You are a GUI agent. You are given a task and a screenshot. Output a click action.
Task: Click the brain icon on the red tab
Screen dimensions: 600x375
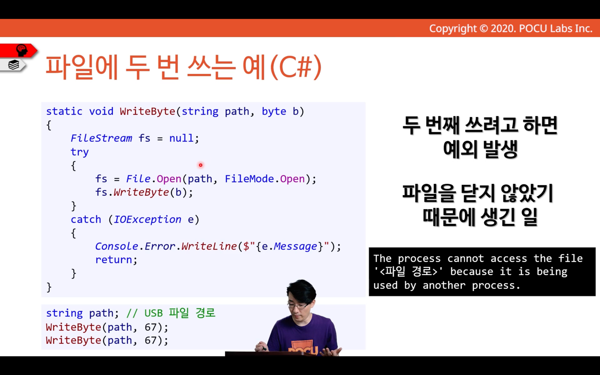point(22,50)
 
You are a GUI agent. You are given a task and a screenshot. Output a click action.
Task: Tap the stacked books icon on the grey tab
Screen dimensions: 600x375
point(13,65)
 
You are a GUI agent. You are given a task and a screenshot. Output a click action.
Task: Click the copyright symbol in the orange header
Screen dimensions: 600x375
point(484,29)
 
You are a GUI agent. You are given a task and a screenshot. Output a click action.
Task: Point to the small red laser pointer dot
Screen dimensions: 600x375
point(201,165)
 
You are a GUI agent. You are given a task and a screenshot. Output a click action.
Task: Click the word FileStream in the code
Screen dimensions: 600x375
point(101,138)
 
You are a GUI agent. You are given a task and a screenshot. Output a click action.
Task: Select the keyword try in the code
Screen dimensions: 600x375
point(79,152)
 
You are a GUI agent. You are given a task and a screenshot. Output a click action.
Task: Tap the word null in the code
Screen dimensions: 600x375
point(181,138)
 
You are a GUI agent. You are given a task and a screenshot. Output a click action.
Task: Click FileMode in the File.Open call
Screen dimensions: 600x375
point(249,179)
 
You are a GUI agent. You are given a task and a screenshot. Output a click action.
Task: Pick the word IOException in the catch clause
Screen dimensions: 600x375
point(147,219)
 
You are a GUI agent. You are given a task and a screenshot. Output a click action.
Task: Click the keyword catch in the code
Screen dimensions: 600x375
point(86,220)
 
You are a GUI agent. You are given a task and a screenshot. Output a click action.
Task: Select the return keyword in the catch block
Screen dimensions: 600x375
point(113,260)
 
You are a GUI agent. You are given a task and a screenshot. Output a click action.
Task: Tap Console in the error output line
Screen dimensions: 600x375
point(117,246)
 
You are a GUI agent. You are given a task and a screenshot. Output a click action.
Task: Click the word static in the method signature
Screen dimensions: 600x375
point(64,111)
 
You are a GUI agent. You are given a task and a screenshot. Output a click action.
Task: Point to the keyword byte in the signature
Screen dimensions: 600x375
point(274,112)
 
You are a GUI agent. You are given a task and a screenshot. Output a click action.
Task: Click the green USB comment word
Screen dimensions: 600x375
point(154,313)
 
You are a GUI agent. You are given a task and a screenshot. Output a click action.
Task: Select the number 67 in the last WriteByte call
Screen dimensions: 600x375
point(150,340)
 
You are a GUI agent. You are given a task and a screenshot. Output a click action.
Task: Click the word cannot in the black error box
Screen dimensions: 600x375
point(465,258)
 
